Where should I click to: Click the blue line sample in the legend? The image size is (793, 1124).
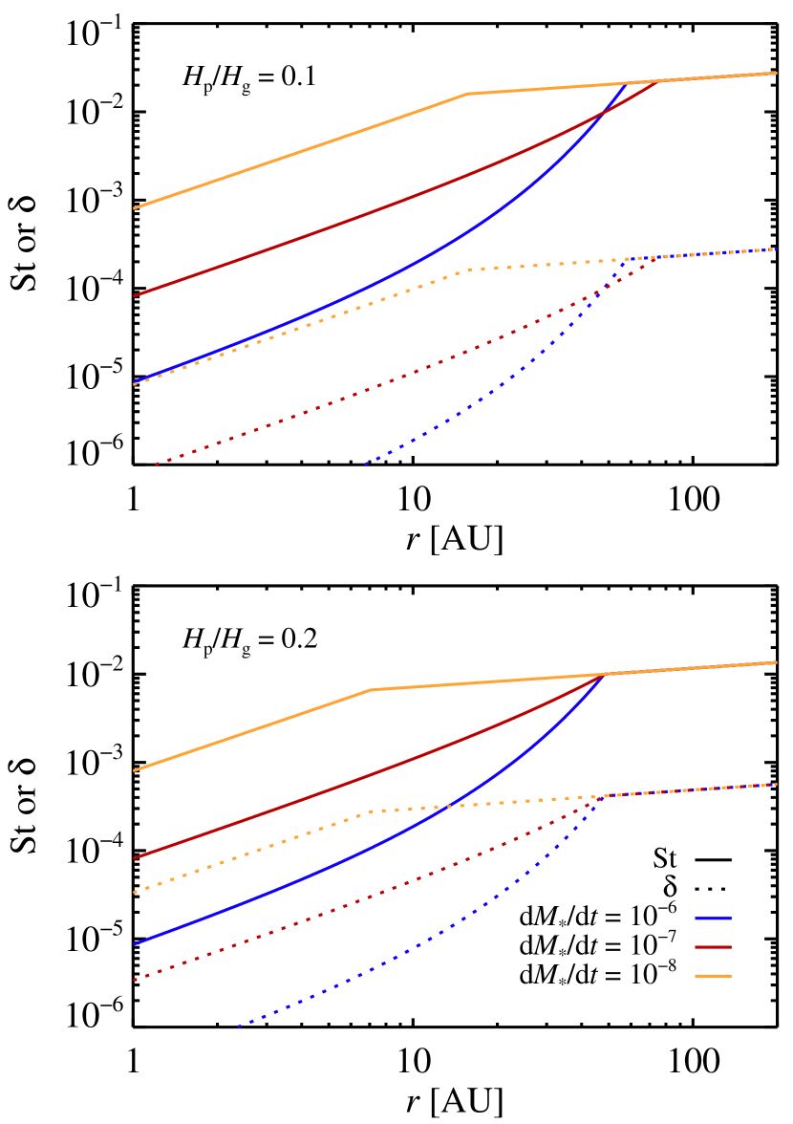tap(713, 919)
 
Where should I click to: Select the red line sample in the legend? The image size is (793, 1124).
tap(713, 947)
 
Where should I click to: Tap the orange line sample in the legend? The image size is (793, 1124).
tap(713, 976)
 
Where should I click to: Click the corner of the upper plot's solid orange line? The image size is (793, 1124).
tap(467, 94)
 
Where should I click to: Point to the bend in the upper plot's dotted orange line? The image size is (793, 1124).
tap(467, 270)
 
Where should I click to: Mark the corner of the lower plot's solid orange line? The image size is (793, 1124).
tap(371, 690)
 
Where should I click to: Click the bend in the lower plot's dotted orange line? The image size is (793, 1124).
tap(371, 811)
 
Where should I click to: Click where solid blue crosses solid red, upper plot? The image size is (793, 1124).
tap(602, 114)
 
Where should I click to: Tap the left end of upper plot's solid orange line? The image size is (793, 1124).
tap(134, 207)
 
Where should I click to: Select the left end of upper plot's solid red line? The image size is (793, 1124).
tap(134, 296)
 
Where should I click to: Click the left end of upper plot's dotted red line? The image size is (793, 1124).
tap(157, 465)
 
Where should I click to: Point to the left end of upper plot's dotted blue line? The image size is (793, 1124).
tap(366, 465)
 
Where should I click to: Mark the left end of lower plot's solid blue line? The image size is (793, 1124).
tap(134, 944)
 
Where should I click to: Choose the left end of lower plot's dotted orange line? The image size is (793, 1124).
tap(134, 893)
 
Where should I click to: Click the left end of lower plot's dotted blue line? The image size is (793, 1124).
tap(239, 1027)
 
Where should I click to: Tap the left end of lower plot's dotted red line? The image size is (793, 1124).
tap(134, 981)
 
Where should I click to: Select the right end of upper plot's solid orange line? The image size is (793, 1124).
tap(777, 73)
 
